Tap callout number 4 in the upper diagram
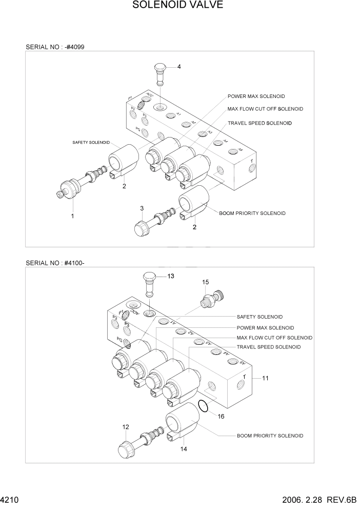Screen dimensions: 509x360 tap(179, 67)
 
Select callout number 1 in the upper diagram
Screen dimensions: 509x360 tap(72, 216)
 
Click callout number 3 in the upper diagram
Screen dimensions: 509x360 tap(142, 208)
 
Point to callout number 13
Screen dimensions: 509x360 tap(170, 276)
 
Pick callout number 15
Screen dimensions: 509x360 tap(205, 282)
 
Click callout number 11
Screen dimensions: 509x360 tap(265, 379)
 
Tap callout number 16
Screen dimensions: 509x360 tap(221, 417)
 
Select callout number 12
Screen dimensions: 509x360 tap(125, 427)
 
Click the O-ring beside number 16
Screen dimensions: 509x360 tap(203, 406)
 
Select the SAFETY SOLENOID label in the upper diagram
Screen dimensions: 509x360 tap(91, 142)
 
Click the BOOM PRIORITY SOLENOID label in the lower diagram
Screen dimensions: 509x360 tap(270, 436)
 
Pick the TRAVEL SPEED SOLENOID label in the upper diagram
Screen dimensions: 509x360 tap(259, 123)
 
